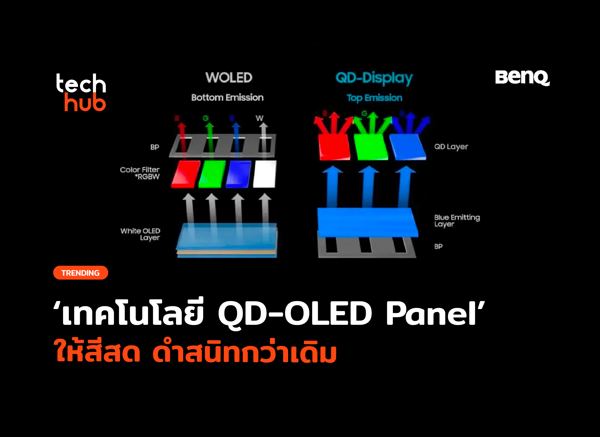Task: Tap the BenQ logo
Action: click(522, 78)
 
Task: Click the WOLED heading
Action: click(229, 78)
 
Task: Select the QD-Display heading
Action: click(374, 78)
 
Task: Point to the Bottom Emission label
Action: click(227, 98)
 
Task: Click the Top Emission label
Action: click(374, 98)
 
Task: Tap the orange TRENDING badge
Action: click(81, 273)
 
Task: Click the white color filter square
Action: click(264, 174)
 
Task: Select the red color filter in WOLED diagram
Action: click(186, 174)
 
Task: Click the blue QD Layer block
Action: click(408, 147)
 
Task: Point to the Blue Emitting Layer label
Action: click(457, 221)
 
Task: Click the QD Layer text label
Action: click(451, 147)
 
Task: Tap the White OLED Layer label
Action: click(140, 234)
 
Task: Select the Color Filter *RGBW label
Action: click(140, 173)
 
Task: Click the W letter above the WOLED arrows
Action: click(259, 118)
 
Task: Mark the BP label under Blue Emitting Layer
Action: click(438, 247)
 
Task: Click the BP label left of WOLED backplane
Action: click(155, 147)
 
